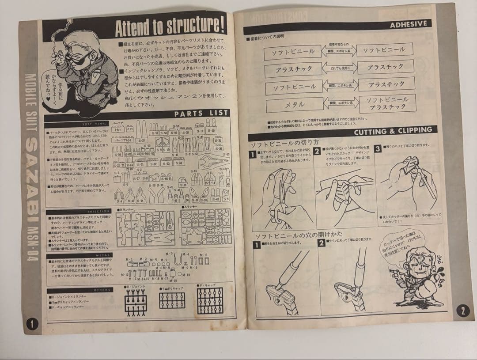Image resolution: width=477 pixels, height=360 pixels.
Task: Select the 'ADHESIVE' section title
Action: [x=408, y=24]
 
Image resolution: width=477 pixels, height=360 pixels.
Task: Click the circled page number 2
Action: [x=462, y=311]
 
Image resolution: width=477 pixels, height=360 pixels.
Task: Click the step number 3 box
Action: [x=378, y=149]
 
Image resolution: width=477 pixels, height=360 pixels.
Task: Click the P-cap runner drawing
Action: [x=210, y=300]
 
